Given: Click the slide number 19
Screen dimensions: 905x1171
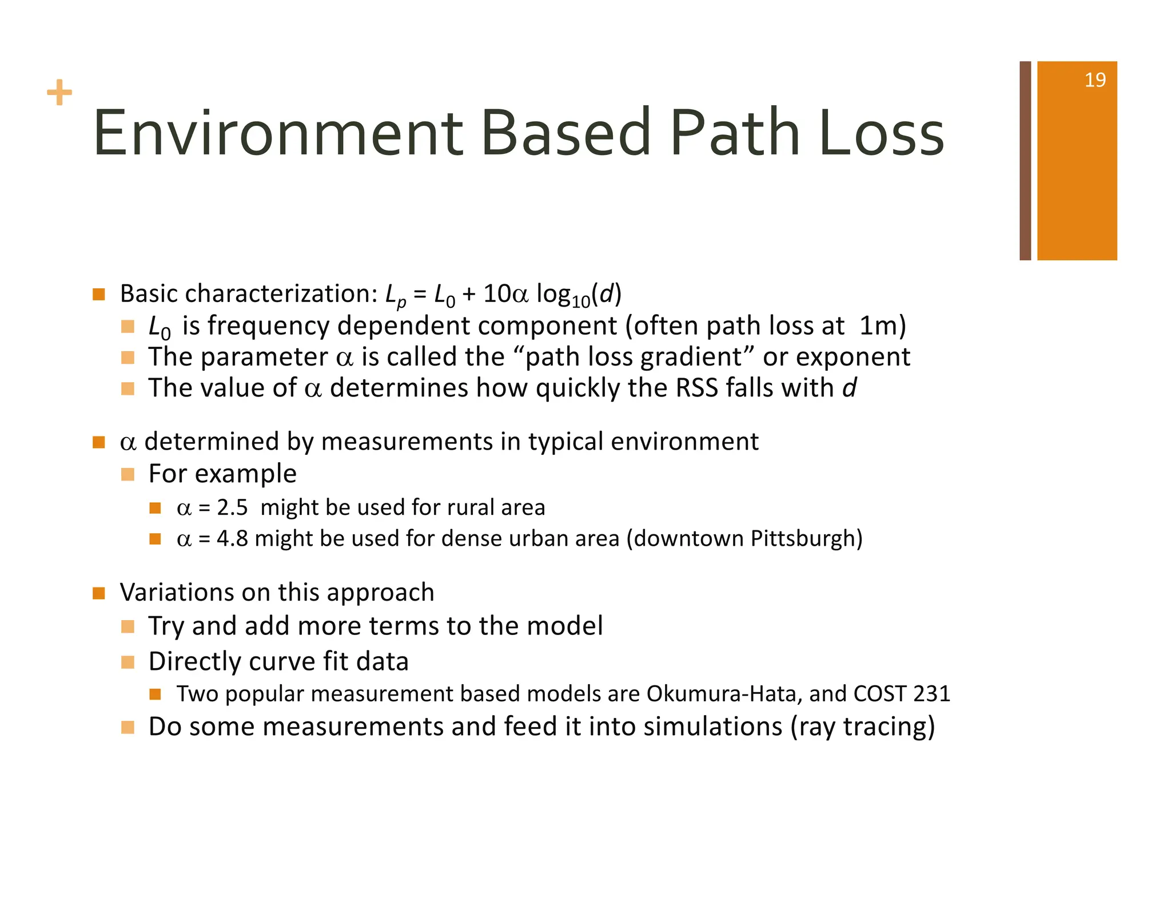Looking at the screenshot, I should [x=1094, y=80].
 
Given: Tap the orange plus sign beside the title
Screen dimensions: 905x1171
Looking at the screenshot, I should [x=59, y=93].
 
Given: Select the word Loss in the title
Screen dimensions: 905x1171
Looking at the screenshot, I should [x=881, y=134].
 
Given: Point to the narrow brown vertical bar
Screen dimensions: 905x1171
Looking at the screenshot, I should [x=1025, y=161].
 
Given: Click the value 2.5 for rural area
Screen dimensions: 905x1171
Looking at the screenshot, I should [x=232, y=508].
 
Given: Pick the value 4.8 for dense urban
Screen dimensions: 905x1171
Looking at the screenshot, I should [x=232, y=539].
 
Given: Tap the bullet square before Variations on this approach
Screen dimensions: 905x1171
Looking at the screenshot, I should [x=99, y=593].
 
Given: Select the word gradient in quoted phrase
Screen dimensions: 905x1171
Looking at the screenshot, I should [x=691, y=358].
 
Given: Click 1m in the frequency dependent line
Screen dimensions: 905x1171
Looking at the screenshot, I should [x=877, y=326].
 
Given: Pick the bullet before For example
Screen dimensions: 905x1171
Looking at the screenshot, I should [x=128, y=474].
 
